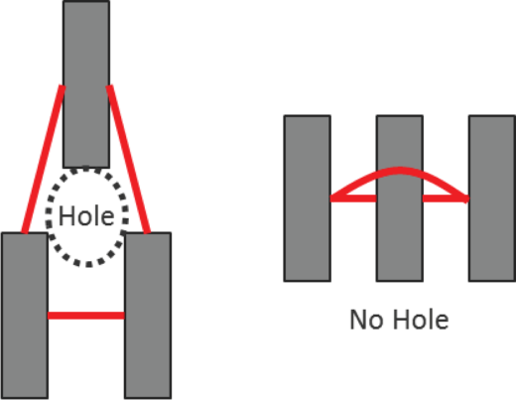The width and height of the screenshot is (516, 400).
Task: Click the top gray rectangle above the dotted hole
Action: coord(86,84)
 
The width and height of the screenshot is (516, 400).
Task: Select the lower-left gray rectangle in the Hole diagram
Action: coord(25,316)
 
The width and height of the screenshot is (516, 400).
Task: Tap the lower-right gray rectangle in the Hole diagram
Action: coord(148,316)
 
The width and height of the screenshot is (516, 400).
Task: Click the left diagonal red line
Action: coord(44,159)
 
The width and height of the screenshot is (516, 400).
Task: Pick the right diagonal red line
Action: coord(128,159)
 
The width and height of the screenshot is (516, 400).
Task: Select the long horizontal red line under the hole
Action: coord(86,316)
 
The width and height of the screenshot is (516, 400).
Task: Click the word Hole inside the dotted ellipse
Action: coord(86,216)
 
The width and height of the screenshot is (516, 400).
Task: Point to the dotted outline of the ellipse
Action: coord(47,216)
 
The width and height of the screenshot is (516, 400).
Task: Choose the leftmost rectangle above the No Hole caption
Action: coord(308,199)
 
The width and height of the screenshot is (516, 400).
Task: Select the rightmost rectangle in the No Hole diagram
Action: coord(492,199)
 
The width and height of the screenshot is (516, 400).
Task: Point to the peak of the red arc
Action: coord(400,171)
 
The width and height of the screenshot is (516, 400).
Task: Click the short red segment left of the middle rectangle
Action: coord(353,199)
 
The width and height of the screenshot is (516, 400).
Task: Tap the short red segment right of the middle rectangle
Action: coord(446,199)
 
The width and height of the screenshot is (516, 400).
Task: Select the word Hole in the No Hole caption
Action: coord(421,320)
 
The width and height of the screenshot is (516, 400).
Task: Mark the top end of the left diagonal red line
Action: coord(63,86)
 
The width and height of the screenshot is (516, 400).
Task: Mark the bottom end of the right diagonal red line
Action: coord(147,232)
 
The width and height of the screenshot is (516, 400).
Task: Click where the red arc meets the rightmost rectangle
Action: coord(467,199)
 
